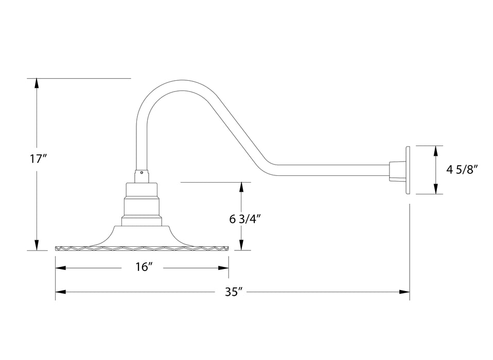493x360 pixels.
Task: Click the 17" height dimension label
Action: click(38, 158)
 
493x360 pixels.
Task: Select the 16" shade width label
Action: click(145, 267)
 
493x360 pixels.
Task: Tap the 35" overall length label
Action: click(233, 292)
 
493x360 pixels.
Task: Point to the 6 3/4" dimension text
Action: click(246, 219)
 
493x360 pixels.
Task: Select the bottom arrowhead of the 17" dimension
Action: click(37, 246)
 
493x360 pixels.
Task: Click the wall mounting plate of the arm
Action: click(408, 170)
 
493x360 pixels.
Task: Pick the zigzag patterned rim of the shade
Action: click(142, 248)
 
